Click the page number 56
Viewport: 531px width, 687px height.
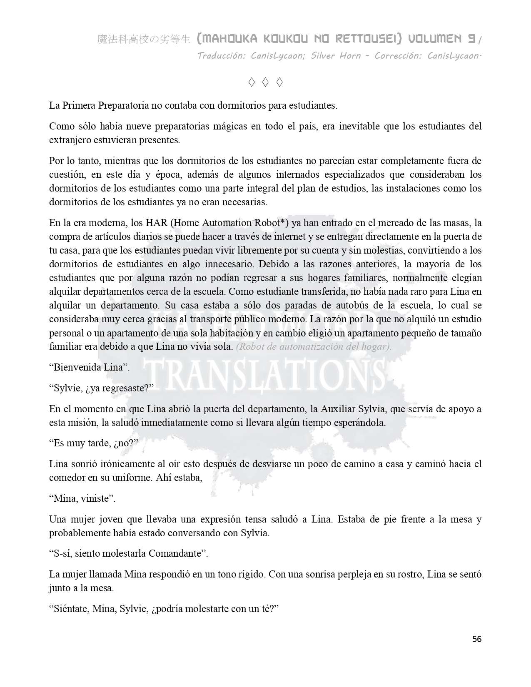click(477, 639)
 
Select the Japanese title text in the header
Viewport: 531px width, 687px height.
click(144, 40)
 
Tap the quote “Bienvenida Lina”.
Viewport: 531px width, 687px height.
click(90, 367)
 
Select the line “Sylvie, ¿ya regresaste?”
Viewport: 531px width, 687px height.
click(102, 388)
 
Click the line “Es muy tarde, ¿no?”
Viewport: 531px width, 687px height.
click(94, 443)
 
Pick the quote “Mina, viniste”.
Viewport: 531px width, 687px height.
click(82, 498)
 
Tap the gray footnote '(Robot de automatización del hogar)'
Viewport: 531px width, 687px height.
click(314, 347)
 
